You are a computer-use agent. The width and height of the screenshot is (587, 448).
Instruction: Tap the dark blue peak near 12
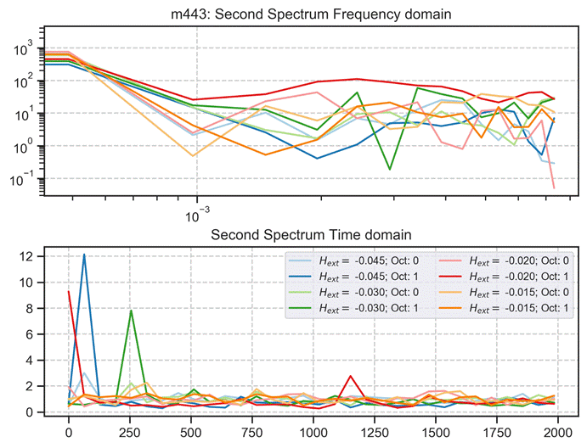point(84,255)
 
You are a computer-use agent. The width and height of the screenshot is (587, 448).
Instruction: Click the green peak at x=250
point(130,311)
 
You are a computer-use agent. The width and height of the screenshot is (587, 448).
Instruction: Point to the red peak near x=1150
point(350,376)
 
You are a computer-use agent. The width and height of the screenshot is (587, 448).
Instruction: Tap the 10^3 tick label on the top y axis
point(24,49)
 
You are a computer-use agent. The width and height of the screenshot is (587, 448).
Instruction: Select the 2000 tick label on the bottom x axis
point(557,431)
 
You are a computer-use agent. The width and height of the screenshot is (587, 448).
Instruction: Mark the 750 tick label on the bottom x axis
point(252,431)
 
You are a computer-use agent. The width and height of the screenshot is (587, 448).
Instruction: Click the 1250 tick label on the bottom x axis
point(375,431)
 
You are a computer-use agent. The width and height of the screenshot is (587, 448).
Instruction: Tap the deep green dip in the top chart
point(389,169)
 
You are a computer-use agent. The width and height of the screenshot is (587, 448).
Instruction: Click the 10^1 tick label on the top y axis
point(24,115)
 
